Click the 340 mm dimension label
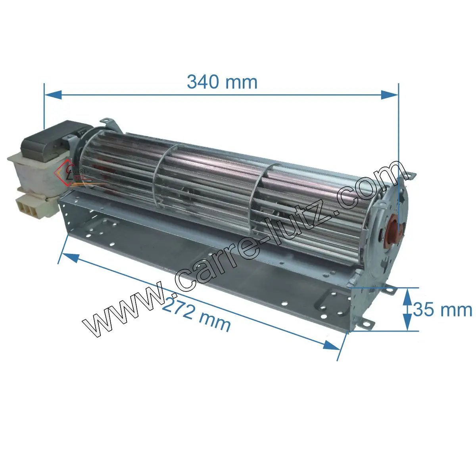[222, 82]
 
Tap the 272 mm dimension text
[196, 315]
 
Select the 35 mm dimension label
[442, 309]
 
